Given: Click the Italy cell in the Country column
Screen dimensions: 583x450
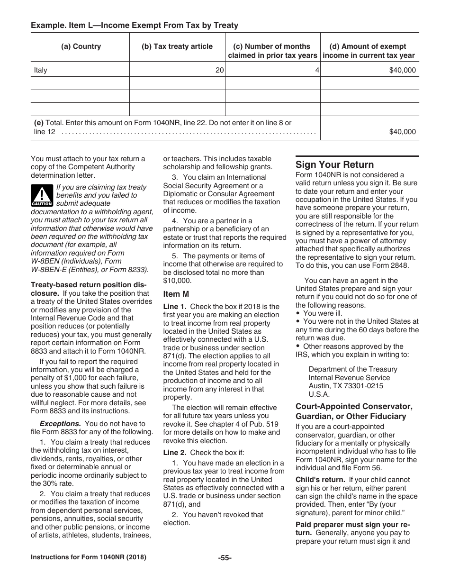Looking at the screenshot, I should [41, 70].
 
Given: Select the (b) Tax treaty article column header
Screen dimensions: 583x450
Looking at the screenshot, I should [177, 46].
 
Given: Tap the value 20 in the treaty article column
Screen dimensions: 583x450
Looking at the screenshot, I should [219, 70].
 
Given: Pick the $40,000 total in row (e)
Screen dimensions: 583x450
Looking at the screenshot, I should [402, 132].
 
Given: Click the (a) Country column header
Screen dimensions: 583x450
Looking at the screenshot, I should [81, 46].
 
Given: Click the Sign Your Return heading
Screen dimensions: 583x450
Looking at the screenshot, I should [334, 164].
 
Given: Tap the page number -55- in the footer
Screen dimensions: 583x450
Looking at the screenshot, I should [225, 558].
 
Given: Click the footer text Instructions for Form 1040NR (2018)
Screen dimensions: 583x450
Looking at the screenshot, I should [89, 557].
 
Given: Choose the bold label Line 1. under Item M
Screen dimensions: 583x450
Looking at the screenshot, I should [175, 307].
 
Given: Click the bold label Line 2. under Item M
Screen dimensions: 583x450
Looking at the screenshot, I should [175, 453].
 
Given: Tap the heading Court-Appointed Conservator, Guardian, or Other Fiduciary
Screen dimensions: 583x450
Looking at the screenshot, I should [354, 411].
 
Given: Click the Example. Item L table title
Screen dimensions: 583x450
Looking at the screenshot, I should [135, 25].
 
